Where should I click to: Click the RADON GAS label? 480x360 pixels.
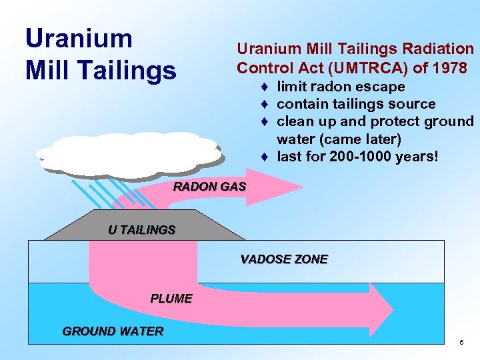[x=209, y=187]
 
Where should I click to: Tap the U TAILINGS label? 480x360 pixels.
[x=141, y=230]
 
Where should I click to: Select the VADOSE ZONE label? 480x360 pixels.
[x=284, y=259]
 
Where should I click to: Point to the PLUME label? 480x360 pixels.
[x=171, y=299]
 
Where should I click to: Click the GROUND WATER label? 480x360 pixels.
[x=113, y=331]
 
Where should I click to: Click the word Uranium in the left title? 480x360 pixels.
[x=79, y=39]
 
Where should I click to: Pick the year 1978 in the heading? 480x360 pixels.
[x=449, y=68]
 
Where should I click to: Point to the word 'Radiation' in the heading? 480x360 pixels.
[x=442, y=49]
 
